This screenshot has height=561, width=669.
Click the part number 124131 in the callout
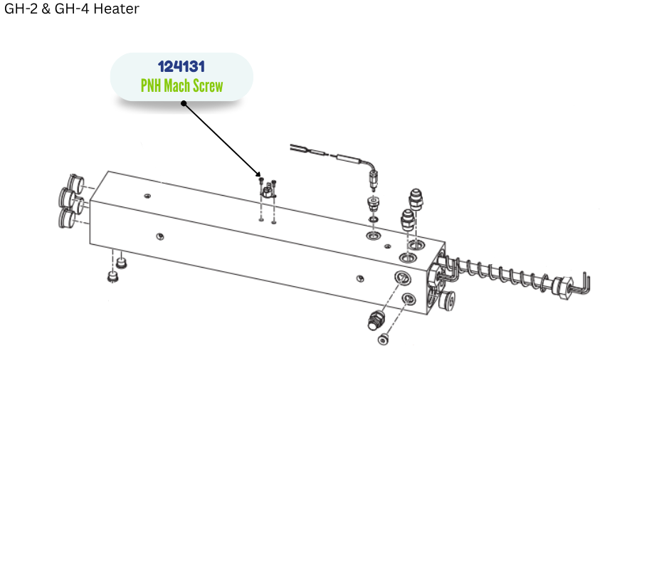(181, 67)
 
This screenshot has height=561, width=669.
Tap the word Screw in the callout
(207, 85)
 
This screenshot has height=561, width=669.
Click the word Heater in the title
(117, 9)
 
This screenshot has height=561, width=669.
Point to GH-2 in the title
(21, 9)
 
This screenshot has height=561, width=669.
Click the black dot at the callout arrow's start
(184, 103)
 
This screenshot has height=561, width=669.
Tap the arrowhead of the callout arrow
(258, 174)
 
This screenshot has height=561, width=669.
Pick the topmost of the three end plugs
(75, 182)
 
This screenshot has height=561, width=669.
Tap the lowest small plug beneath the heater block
(112, 276)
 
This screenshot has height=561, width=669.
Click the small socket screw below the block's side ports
(383, 340)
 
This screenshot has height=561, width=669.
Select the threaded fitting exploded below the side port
(376, 320)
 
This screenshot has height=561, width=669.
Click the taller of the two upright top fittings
(416, 200)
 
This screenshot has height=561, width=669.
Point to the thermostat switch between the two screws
(268, 191)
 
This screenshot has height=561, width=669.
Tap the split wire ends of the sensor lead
(297, 148)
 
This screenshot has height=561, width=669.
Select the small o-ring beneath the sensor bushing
(374, 219)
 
